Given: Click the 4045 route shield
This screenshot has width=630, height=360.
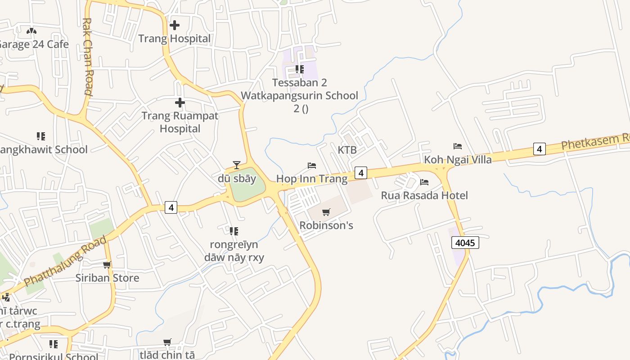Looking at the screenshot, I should (x=465, y=243).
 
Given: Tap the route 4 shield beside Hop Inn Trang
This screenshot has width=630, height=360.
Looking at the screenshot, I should (x=360, y=172).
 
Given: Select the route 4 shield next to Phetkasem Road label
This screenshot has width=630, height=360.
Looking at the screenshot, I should (x=539, y=148).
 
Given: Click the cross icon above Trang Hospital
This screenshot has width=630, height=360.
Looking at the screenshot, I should (x=175, y=25).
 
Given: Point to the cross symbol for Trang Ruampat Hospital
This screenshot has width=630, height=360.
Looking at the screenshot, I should (x=180, y=103).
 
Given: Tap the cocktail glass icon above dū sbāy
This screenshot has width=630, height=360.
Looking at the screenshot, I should (x=237, y=165).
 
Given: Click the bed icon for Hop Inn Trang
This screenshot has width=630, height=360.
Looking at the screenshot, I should (x=312, y=166).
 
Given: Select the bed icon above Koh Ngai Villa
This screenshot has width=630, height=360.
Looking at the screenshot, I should (x=458, y=146).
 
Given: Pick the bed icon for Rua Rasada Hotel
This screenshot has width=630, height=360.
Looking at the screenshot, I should (x=424, y=182).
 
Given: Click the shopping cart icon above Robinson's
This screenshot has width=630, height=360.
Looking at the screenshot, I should (x=326, y=212).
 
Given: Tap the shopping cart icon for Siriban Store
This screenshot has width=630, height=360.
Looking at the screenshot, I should (x=107, y=265).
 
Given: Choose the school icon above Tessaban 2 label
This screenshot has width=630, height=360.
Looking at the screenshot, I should (x=299, y=69).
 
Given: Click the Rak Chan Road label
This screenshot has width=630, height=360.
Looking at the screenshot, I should (x=88, y=56).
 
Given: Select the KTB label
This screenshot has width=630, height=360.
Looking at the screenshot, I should (x=347, y=150).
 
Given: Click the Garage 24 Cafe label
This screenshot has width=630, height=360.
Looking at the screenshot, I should (x=34, y=44).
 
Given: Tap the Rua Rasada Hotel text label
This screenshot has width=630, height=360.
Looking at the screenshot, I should (x=424, y=195).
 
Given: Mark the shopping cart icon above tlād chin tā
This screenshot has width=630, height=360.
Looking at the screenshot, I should (x=167, y=342).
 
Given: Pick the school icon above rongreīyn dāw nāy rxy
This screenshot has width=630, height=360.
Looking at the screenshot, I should (x=234, y=231).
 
